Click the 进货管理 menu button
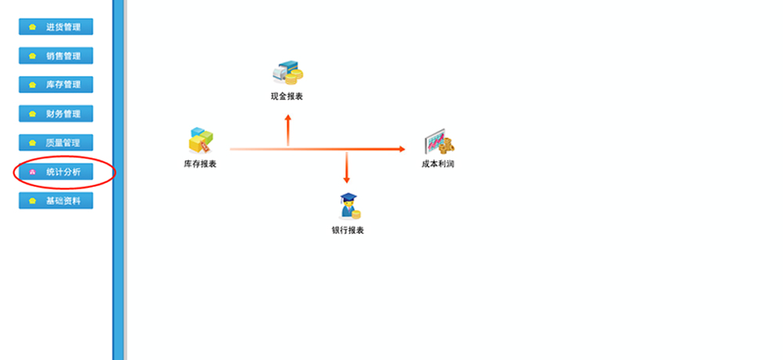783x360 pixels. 56,27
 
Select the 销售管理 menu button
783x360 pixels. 56,56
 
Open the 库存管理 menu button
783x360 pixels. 56,85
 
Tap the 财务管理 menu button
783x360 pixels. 56,113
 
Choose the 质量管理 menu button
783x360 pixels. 56,142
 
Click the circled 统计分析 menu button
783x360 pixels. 56,171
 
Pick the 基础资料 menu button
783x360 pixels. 56,200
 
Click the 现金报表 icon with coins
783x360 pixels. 287,72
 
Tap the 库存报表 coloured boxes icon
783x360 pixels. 200,141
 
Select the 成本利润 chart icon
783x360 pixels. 438,143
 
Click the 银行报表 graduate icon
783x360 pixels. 348,206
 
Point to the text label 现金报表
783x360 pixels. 287,96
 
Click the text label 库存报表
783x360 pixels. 200,164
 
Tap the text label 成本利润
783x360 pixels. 438,164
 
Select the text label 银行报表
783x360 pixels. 348,230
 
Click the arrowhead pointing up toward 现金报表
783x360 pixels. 288,117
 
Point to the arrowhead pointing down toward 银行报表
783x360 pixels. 347,179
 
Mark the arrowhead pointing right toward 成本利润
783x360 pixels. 401,149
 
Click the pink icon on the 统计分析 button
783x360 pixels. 32,172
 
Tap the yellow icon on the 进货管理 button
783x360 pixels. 32,27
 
